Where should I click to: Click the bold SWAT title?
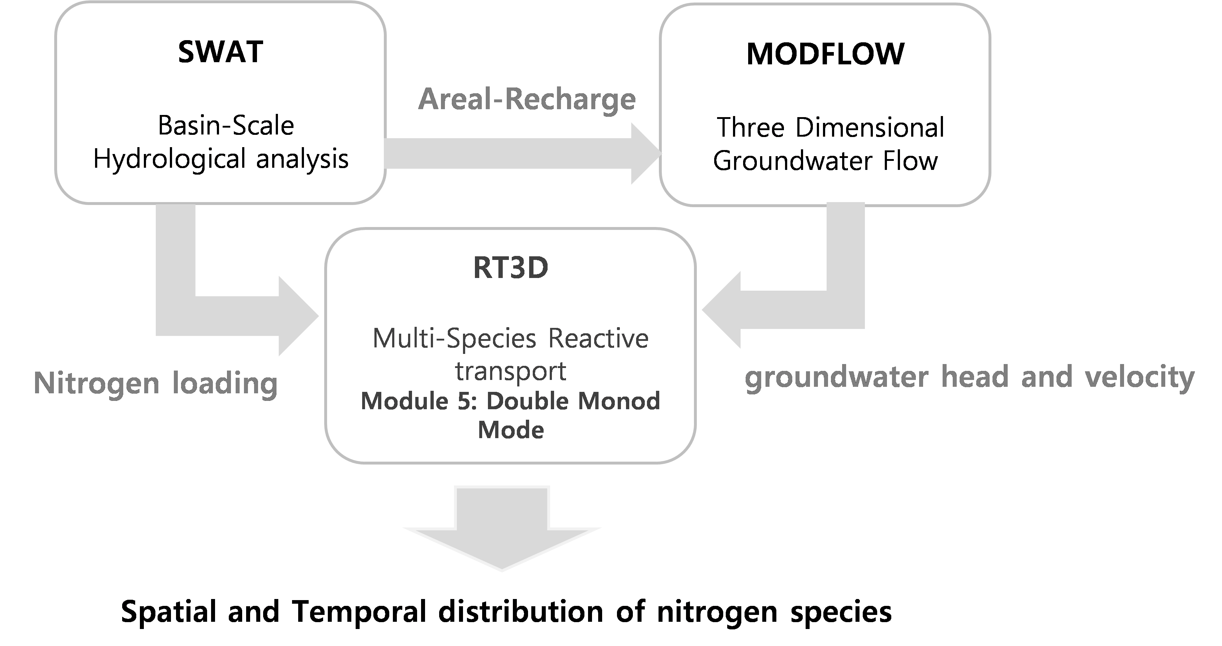coord(220,52)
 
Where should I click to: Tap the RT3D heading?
coord(511,268)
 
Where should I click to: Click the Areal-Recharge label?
coord(527,100)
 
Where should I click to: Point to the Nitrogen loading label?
coord(155,383)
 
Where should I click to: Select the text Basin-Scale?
coord(226,126)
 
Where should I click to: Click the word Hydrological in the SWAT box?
coord(170,159)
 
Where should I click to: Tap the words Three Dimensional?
coord(830,128)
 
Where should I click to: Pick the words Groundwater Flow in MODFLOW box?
coord(826,161)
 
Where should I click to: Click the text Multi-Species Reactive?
coord(510,339)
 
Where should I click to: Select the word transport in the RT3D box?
coord(510,371)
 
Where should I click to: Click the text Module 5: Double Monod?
coord(510,401)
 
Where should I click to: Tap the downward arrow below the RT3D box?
coord(502,529)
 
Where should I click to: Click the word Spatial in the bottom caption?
coord(169,613)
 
